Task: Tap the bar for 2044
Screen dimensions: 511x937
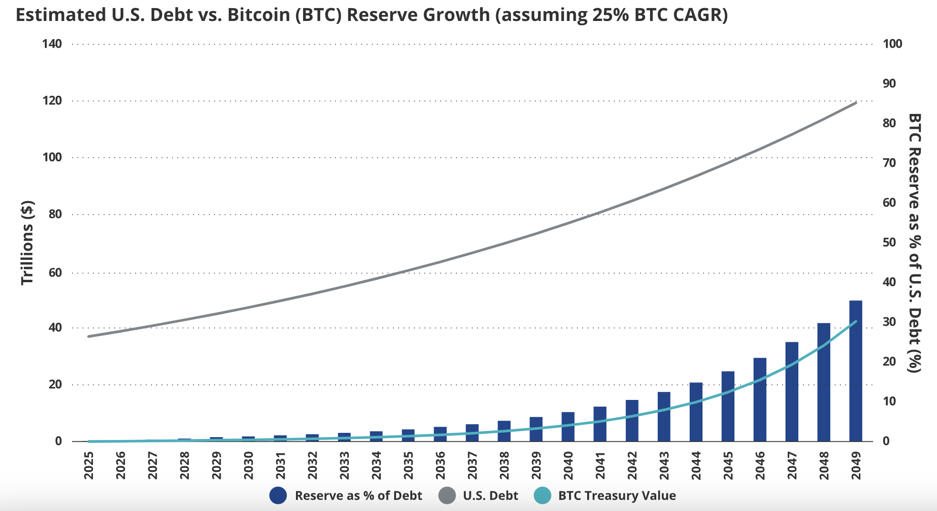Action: [x=696, y=412]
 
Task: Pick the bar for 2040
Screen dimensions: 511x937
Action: [x=568, y=427]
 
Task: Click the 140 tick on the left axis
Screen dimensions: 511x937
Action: [x=52, y=44]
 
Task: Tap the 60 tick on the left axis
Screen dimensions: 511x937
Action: [x=55, y=273]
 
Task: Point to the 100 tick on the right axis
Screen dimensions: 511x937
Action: [x=892, y=44]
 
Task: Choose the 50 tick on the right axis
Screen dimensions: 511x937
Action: [x=889, y=242]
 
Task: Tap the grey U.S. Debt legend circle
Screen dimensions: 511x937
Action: [x=447, y=496]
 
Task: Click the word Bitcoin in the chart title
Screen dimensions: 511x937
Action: [x=258, y=15]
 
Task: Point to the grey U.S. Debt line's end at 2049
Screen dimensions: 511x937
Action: [x=856, y=102]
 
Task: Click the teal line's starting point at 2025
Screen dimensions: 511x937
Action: [x=89, y=441]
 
